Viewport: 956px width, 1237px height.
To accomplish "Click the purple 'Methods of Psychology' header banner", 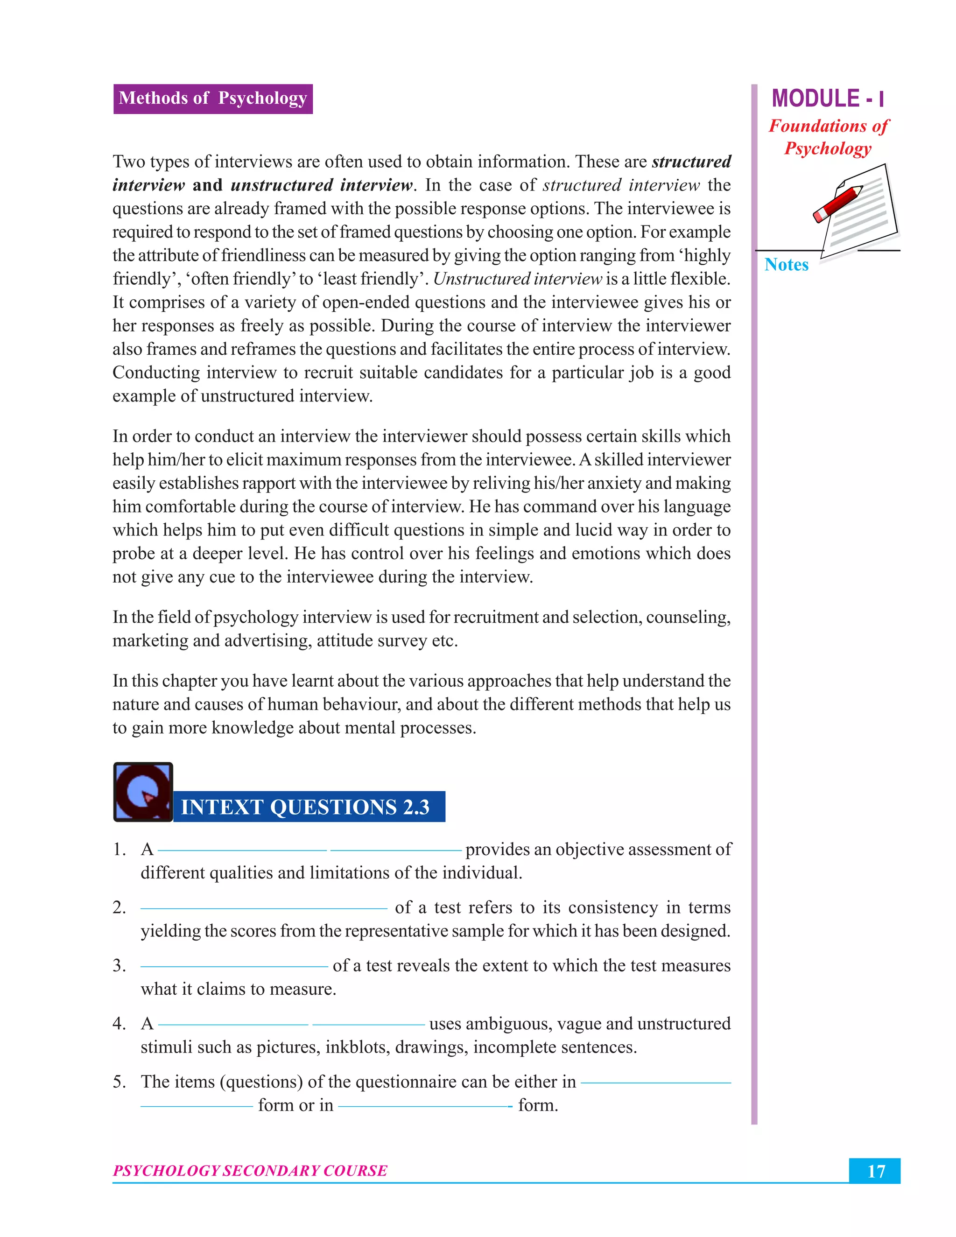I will pyautogui.click(x=212, y=98).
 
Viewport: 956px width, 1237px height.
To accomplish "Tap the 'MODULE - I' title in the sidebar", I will pyautogui.click(x=827, y=98).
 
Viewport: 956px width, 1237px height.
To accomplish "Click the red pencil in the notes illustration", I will pyautogui.click(x=838, y=203).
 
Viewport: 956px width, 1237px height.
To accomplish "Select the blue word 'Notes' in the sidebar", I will pyautogui.click(x=786, y=265).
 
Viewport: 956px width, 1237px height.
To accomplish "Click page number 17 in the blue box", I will pyautogui.click(x=875, y=1171).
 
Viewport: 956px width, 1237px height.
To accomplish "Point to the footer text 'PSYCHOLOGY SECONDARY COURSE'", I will pyautogui.click(x=250, y=1170).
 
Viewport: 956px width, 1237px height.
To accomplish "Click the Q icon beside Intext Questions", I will pyautogui.click(x=143, y=791).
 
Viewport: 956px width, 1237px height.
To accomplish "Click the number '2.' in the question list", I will pyautogui.click(x=119, y=907).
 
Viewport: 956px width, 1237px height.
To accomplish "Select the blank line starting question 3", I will pyautogui.click(x=234, y=966).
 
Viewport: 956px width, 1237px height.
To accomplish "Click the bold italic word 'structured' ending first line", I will pyautogui.click(x=691, y=162).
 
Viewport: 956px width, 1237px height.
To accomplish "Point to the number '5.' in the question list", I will pyautogui.click(x=119, y=1082).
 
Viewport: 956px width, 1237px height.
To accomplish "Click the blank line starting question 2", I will pyautogui.click(x=263, y=908).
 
